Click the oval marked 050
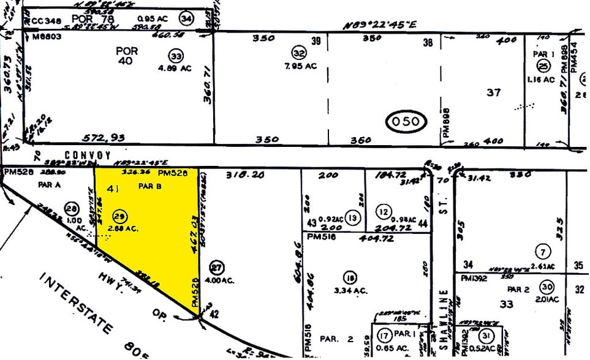(406, 121)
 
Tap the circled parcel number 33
(176, 56)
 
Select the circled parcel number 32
(299, 53)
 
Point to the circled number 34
(185, 19)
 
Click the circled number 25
(543, 67)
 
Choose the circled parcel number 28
(73, 208)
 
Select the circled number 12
(384, 212)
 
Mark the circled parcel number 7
(542, 251)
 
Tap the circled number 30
(547, 288)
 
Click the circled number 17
(385, 335)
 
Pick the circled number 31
(487, 336)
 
